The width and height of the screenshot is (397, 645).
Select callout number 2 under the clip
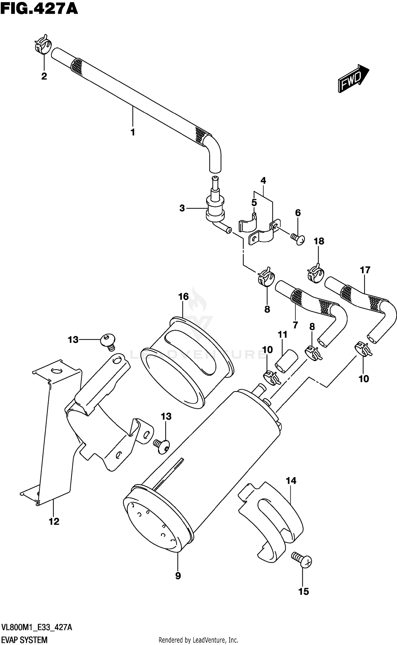coord(44,76)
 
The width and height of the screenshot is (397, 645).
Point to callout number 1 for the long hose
coord(133,132)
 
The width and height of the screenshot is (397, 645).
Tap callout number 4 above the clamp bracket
coord(263,181)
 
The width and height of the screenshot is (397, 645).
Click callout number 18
coord(319,241)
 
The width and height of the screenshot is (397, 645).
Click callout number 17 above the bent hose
coord(365,270)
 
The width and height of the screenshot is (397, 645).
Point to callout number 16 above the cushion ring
coord(183,297)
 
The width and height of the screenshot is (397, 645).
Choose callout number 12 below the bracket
coord(54,522)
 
